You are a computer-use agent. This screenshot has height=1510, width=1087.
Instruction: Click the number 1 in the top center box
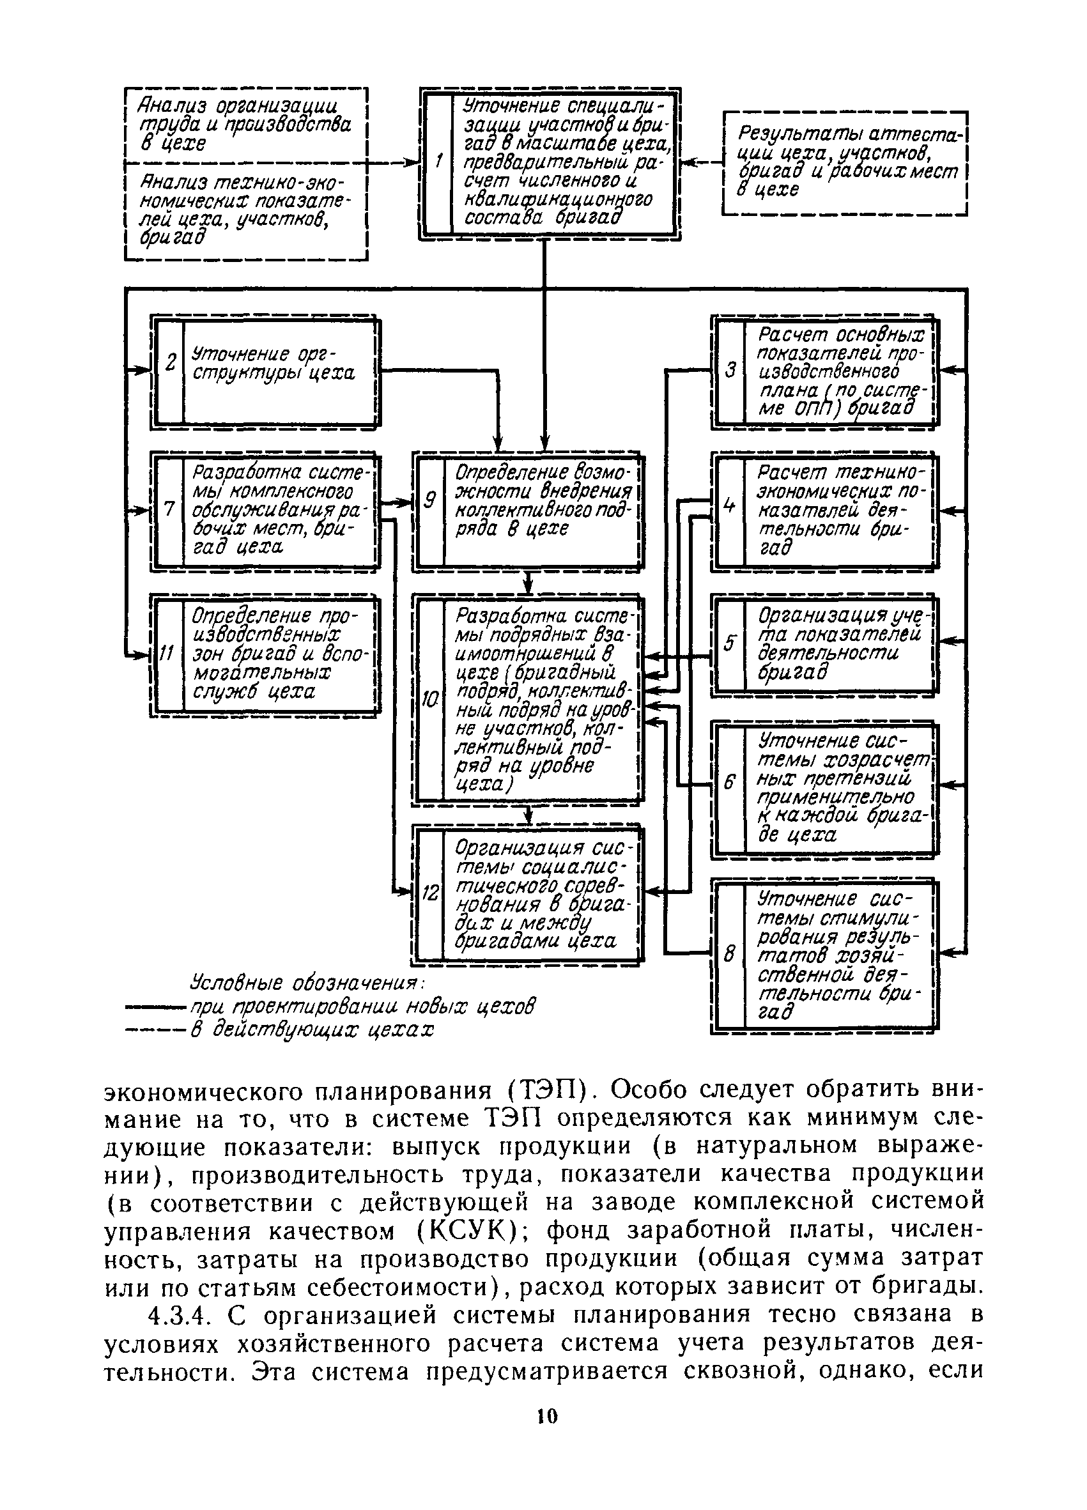(x=438, y=162)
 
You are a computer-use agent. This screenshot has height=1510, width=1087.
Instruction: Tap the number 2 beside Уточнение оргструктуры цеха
(x=171, y=364)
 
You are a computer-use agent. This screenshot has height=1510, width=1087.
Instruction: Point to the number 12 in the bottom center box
(x=430, y=893)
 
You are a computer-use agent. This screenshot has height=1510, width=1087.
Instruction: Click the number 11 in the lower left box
(x=167, y=654)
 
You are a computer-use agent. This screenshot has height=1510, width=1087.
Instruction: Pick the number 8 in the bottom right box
(x=729, y=953)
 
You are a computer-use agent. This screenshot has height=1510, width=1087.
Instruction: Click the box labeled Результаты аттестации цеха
(x=845, y=163)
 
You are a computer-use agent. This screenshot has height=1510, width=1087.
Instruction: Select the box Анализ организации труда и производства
(x=246, y=125)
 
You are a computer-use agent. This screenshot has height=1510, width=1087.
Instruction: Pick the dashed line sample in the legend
(x=157, y=1031)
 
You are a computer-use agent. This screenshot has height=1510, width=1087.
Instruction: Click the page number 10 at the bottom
(x=546, y=1416)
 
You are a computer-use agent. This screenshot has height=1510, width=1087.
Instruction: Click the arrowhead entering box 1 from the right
(x=688, y=162)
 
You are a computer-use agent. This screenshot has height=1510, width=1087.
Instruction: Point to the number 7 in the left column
(x=169, y=509)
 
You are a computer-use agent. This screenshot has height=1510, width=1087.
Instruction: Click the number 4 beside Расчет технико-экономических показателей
(x=729, y=506)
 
